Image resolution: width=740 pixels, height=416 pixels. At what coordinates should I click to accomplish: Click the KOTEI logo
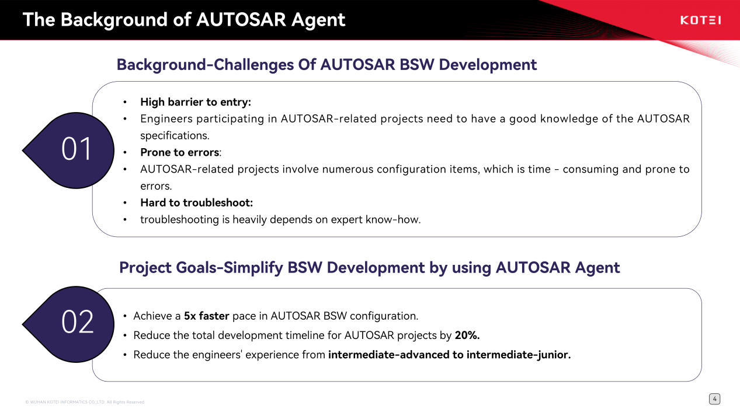[700, 20]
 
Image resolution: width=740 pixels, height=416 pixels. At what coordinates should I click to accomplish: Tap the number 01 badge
[69, 151]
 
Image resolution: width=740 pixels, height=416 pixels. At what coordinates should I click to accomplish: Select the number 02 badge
[69, 324]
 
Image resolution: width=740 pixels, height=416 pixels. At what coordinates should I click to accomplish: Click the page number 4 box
[714, 399]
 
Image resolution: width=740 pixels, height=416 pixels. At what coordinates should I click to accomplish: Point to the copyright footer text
[85, 402]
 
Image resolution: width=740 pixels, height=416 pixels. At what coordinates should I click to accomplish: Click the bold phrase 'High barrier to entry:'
[196, 102]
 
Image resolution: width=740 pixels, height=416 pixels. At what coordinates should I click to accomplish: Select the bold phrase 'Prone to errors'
[180, 152]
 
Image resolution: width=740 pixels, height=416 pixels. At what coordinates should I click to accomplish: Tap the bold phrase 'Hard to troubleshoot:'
[197, 202]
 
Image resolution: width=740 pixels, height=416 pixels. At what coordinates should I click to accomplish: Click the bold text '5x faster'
[207, 316]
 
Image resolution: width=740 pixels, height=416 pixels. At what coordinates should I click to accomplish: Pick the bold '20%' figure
[467, 335]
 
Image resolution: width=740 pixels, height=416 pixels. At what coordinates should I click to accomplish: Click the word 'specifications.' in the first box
[175, 135]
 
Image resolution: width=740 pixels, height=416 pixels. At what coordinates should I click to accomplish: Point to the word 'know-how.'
[393, 219]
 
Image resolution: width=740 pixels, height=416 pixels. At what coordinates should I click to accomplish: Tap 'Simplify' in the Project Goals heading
[253, 268]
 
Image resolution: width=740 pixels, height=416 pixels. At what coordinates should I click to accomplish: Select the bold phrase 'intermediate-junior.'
[519, 355]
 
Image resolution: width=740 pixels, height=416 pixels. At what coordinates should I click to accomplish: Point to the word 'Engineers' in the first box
[166, 119]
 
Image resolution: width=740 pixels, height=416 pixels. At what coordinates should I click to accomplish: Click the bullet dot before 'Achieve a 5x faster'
[125, 316]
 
